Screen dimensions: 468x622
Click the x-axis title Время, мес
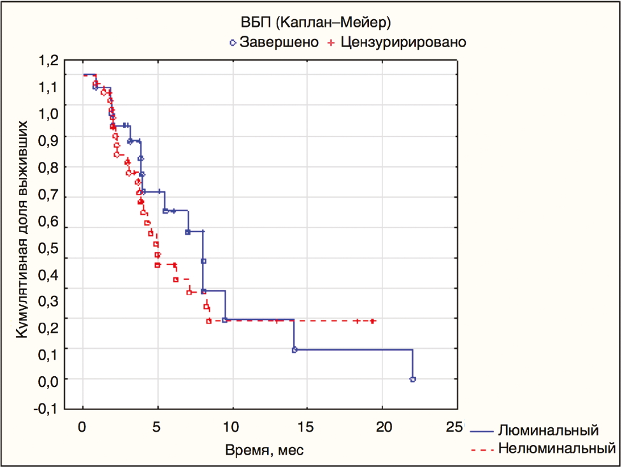264,451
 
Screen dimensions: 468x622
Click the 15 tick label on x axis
307,426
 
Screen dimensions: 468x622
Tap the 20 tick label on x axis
382,426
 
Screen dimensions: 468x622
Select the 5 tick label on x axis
157,426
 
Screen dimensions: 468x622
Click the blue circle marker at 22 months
413,379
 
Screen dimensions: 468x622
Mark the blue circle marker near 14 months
294,349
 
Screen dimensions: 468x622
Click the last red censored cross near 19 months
372,321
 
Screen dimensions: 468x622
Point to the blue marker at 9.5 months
225,319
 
